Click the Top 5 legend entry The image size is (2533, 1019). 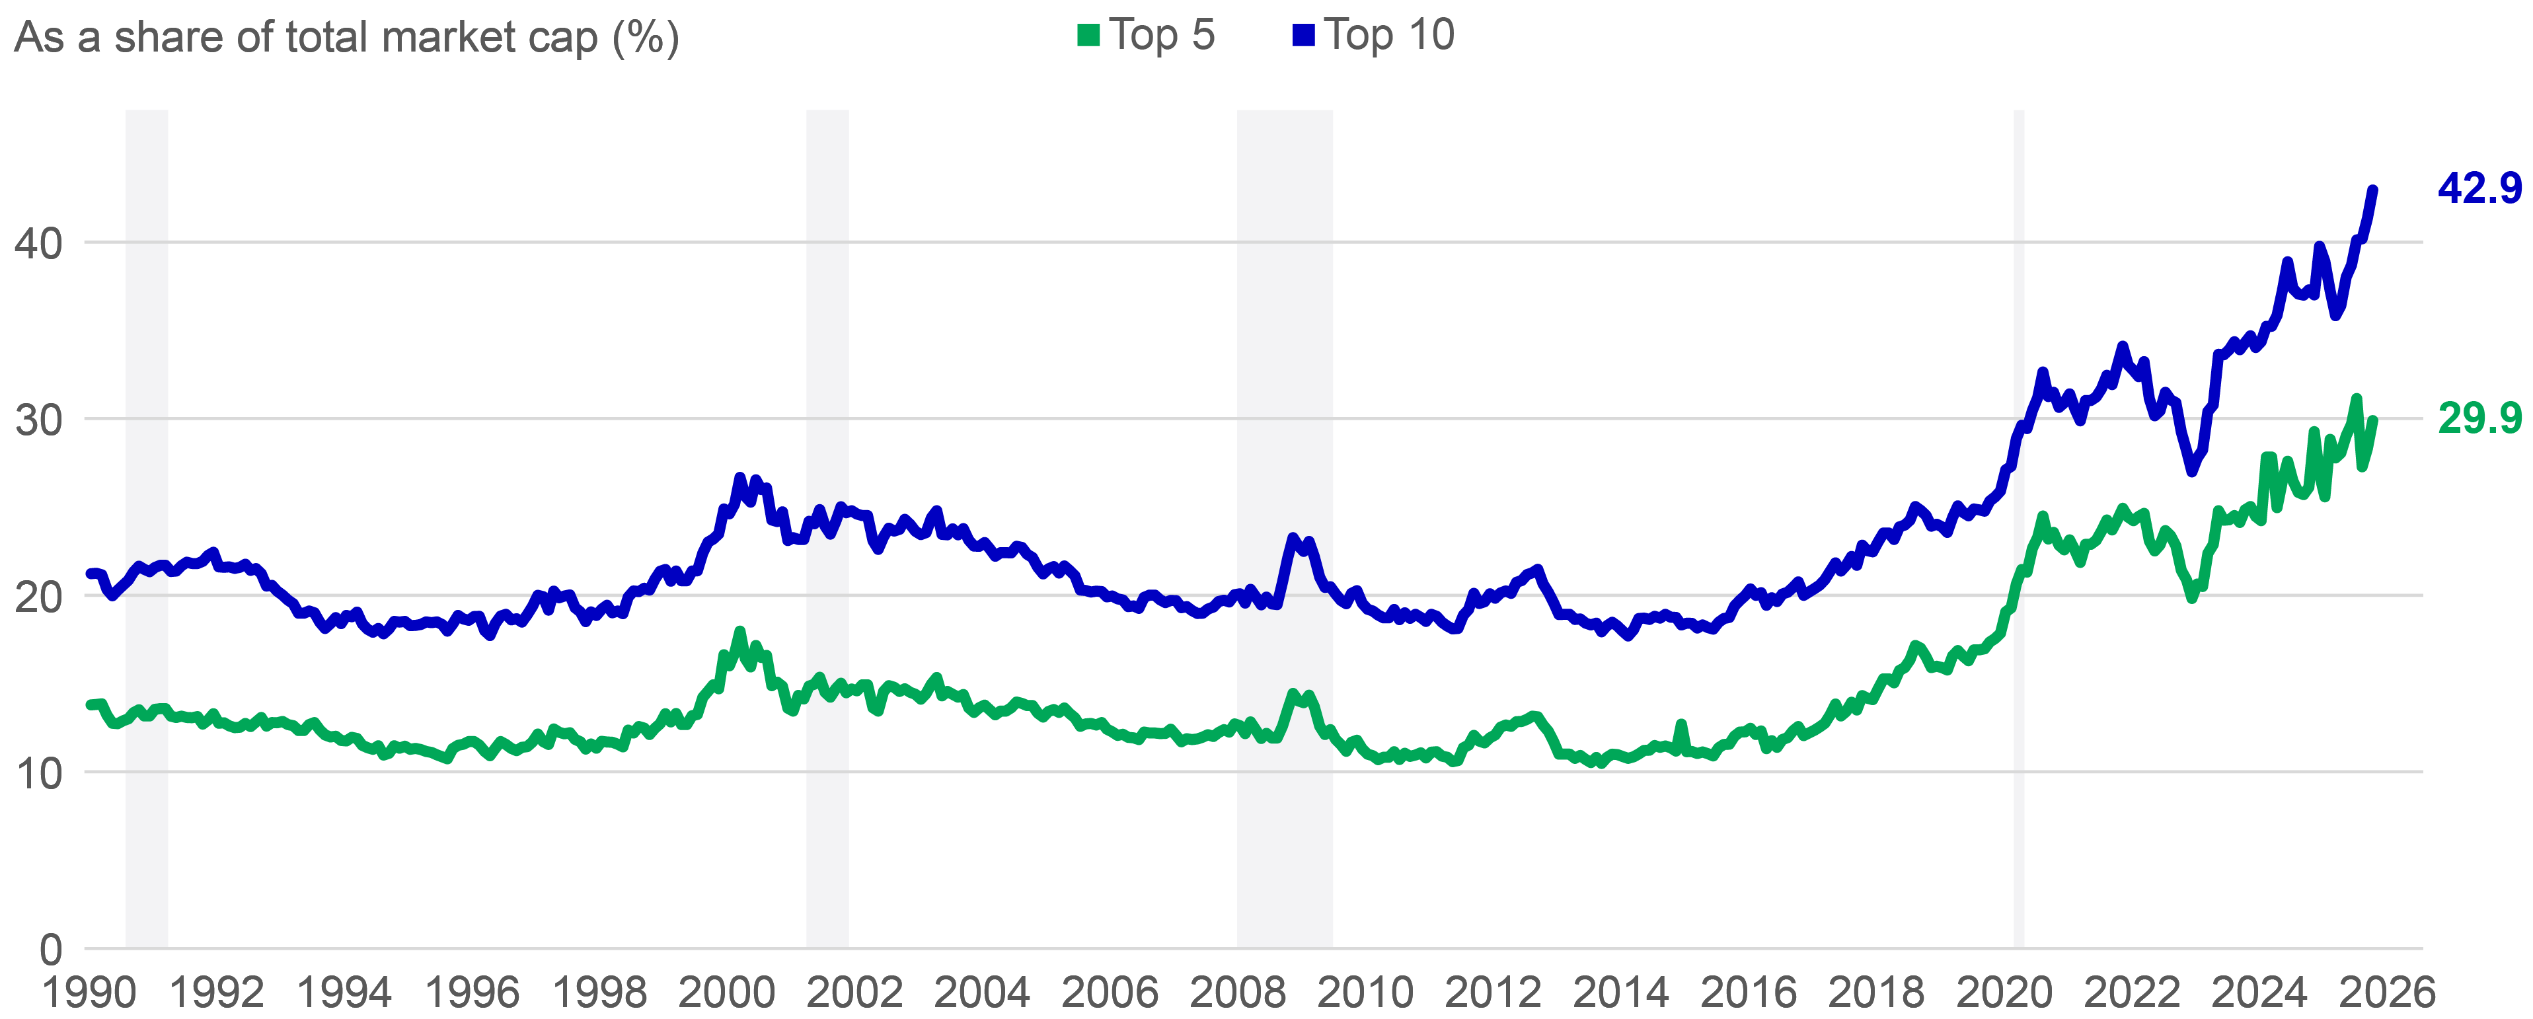1147,36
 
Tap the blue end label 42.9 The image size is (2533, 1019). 2479,188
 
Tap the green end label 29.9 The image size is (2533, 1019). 2479,419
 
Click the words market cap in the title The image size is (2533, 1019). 490,38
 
